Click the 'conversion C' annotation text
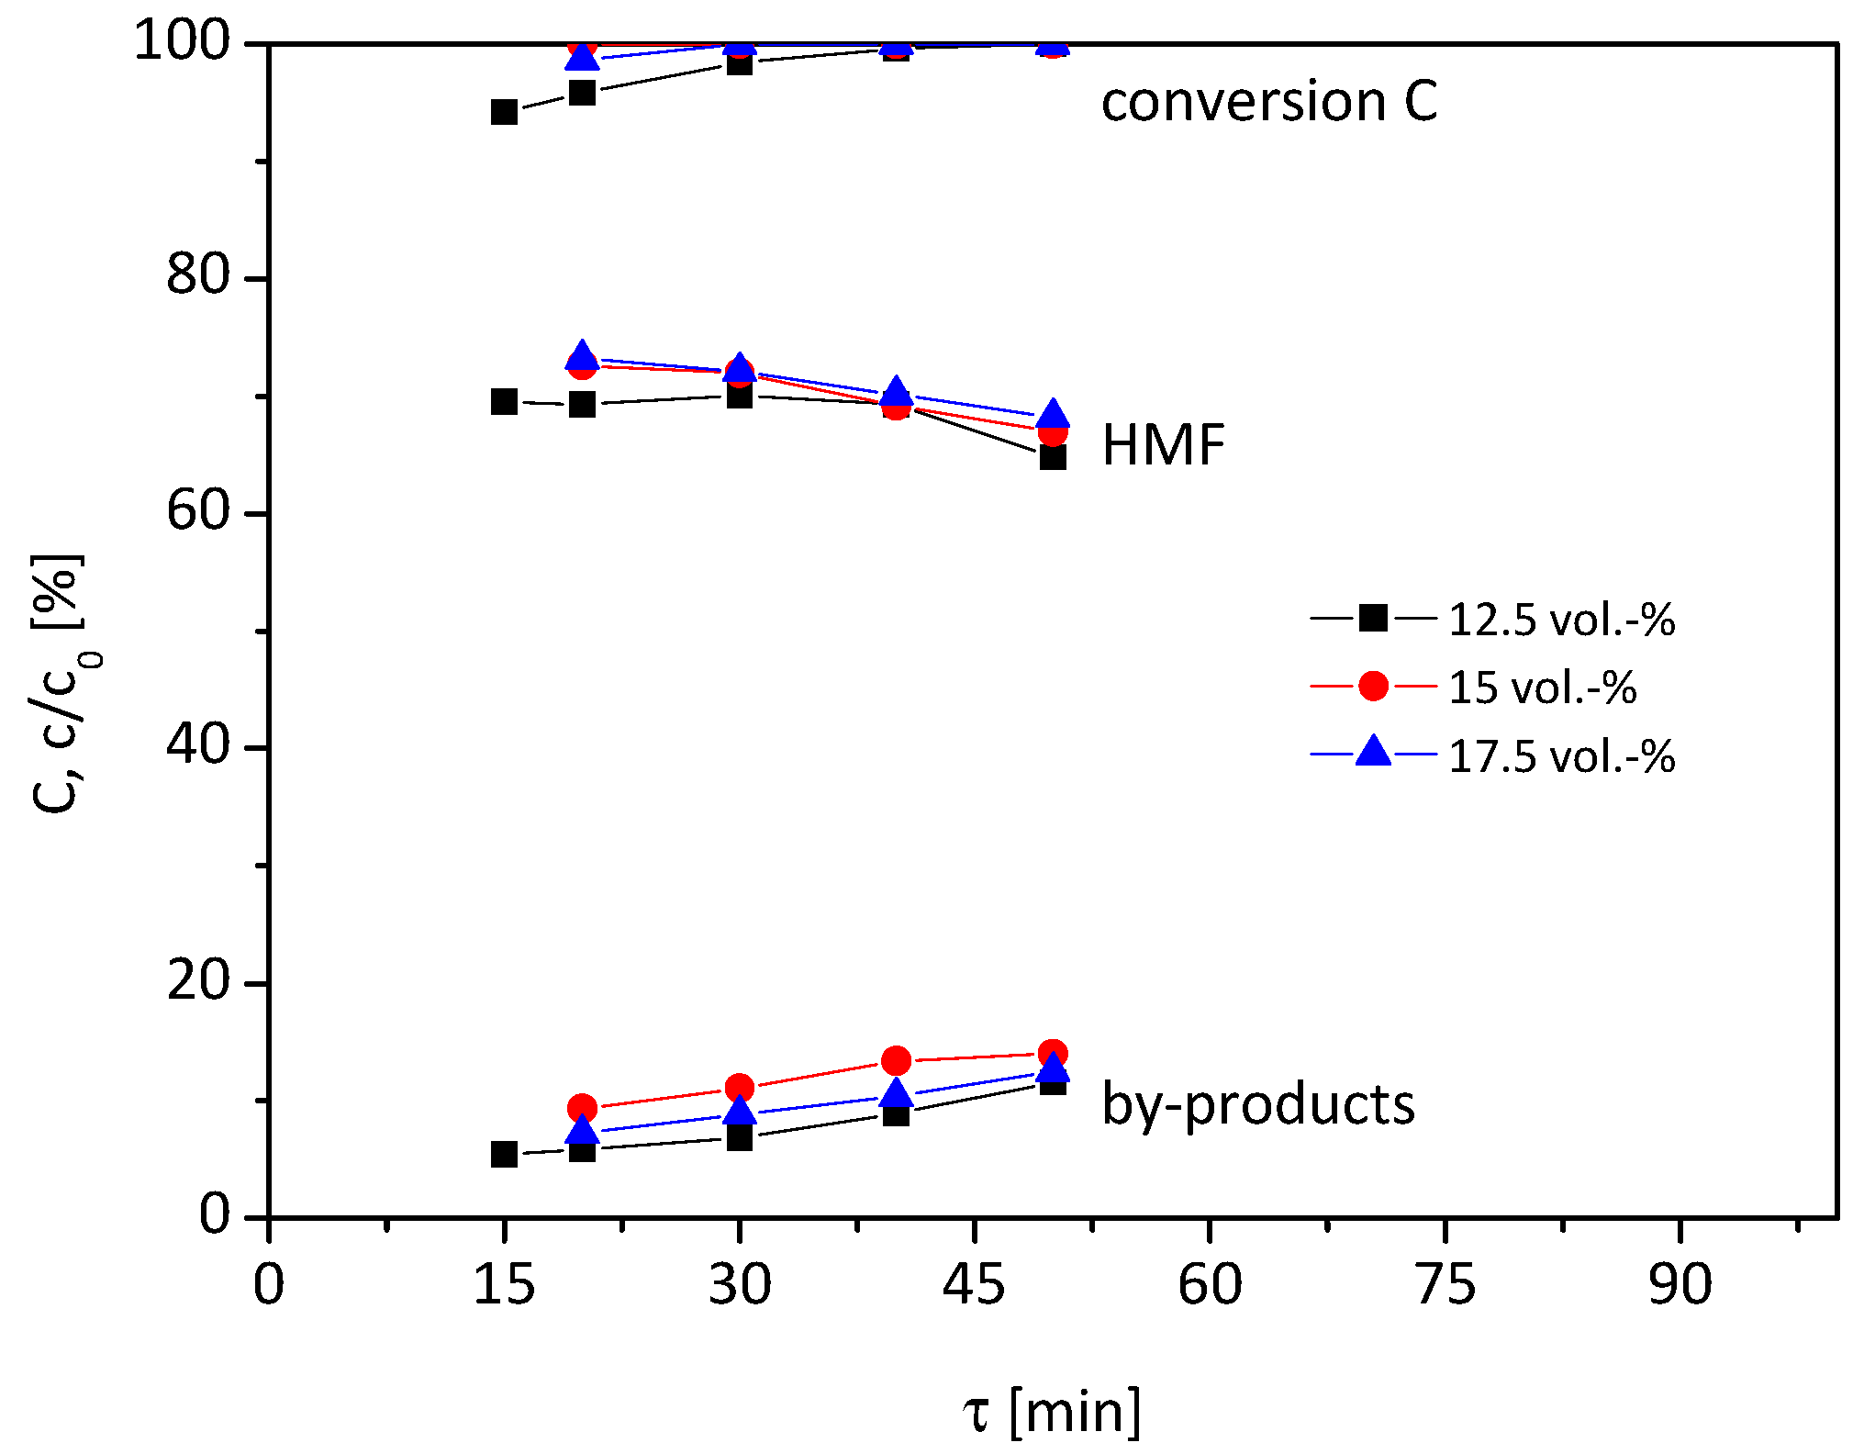(x=1268, y=101)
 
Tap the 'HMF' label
(x=1163, y=446)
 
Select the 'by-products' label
(x=1257, y=1104)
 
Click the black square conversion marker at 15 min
(x=504, y=113)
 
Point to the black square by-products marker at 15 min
(x=504, y=1155)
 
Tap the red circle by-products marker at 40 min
(x=896, y=1061)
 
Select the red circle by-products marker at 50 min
(x=1053, y=1054)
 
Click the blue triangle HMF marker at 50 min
(x=1053, y=414)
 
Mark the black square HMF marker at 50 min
(x=1053, y=456)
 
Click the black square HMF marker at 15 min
(x=504, y=402)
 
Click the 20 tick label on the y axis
(x=196, y=980)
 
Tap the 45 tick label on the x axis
(x=974, y=1284)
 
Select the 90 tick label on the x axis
(x=1680, y=1284)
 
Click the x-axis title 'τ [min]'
(x=1052, y=1411)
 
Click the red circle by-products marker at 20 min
(x=582, y=1108)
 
